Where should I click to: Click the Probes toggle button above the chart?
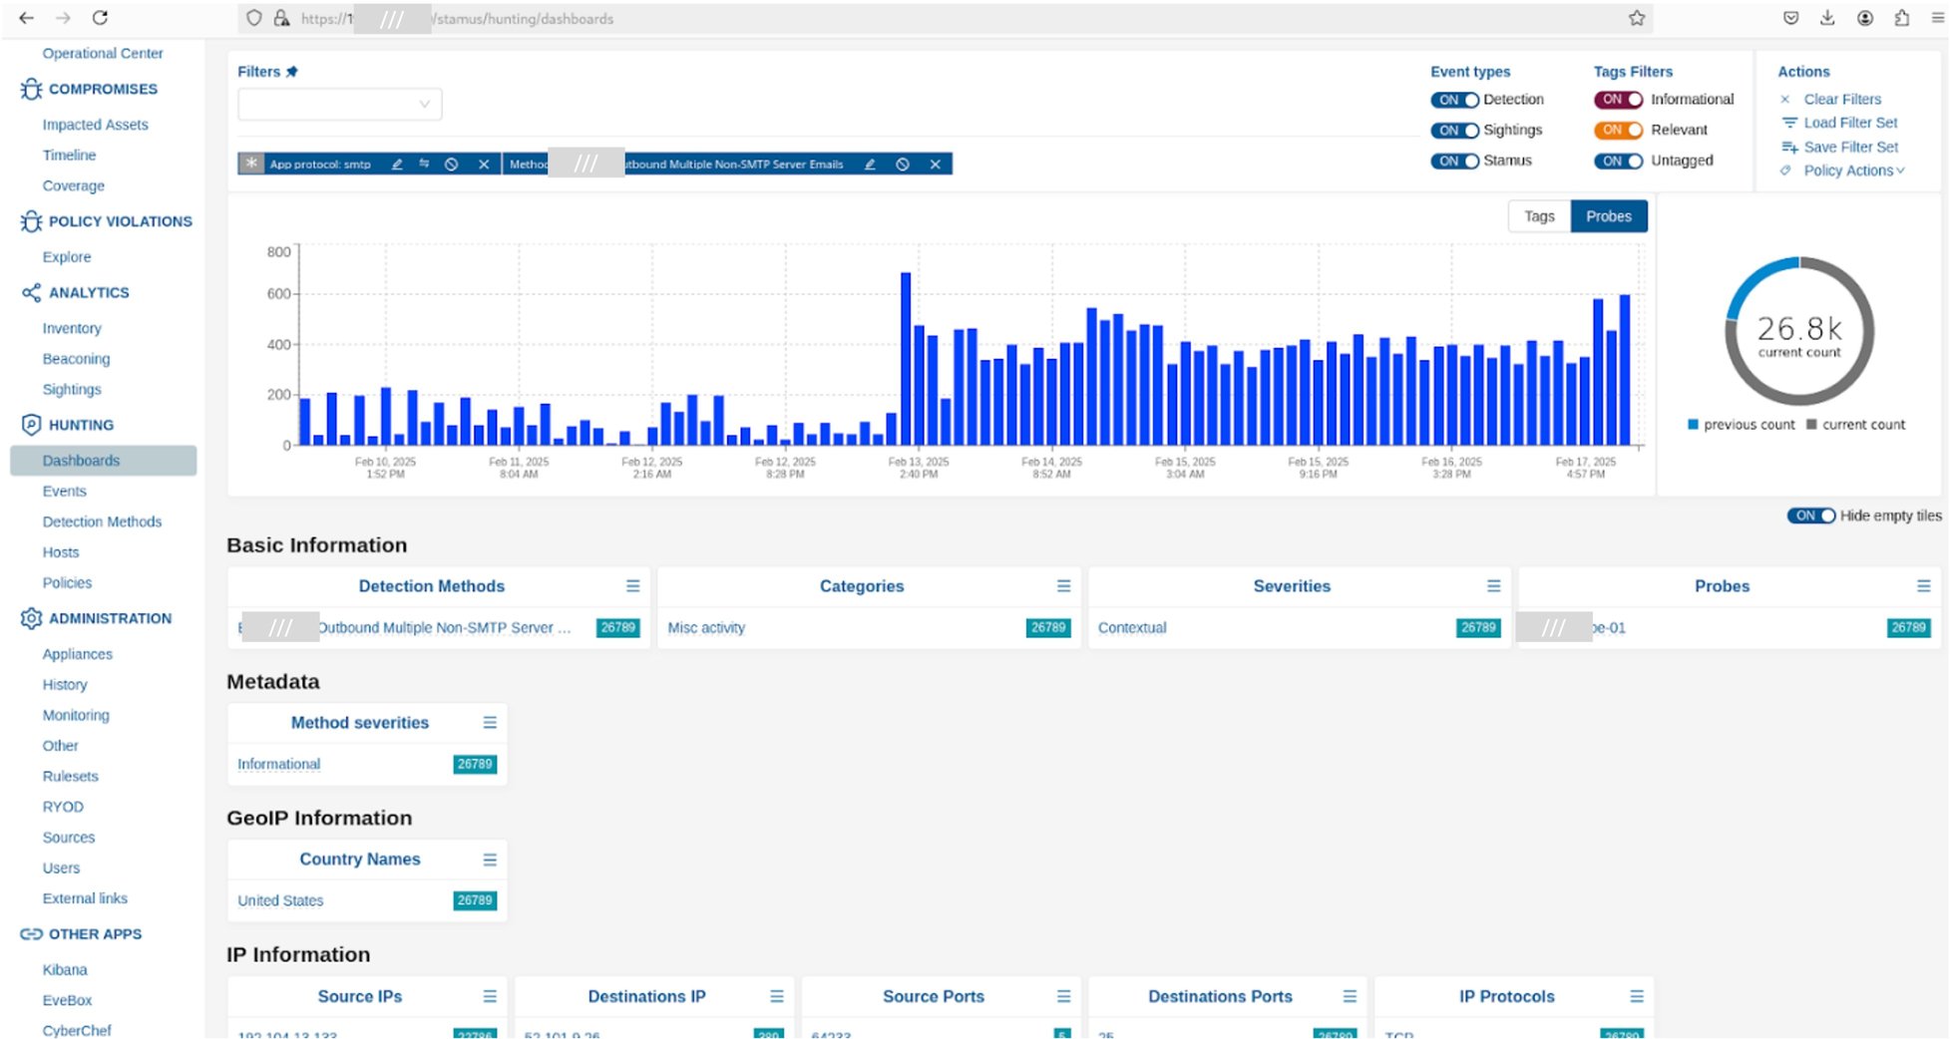(x=1608, y=216)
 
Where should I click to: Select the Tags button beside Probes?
(x=1538, y=216)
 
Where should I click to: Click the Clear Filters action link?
(x=1841, y=99)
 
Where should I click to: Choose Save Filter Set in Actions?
(x=1850, y=147)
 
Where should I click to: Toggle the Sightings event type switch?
(x=1454, y=131)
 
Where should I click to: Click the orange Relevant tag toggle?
(x=1617, y=131)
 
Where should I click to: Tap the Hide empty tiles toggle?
(x=1809, y=516)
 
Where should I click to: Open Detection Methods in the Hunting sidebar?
(x=102, y=521)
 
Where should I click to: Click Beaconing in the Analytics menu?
(x=76, y=359)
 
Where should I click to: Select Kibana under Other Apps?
(x=65, y=969)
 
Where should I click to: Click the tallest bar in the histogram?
(x=906, y=359)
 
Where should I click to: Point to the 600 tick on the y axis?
(x=278, y=294)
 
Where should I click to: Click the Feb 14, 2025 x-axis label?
(x=1051, y=468)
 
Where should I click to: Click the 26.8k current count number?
(x=1798, y=329)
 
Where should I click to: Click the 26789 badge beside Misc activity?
(x=1047, y=627)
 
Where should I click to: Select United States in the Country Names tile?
(x=280, y=900)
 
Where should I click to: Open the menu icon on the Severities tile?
(x=1493, y=586)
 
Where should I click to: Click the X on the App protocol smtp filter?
(x=484, y=165)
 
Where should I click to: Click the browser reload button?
(x=100, y=18)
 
